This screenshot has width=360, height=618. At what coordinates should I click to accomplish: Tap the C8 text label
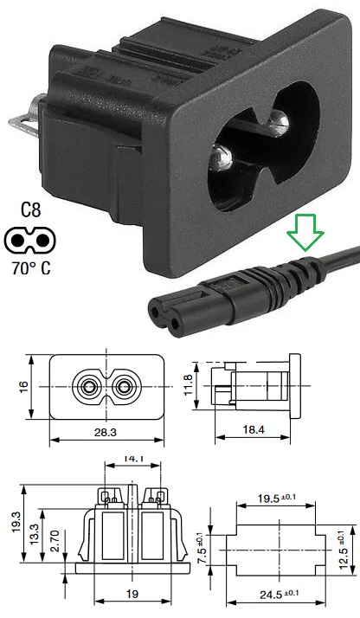pyautogui.click(x=31, y=210)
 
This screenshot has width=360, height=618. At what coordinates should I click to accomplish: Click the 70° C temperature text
pyautogui.click(x=31, y=268)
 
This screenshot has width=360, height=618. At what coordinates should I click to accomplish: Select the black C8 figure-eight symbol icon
pyautogui.click(x=29, y=240)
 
